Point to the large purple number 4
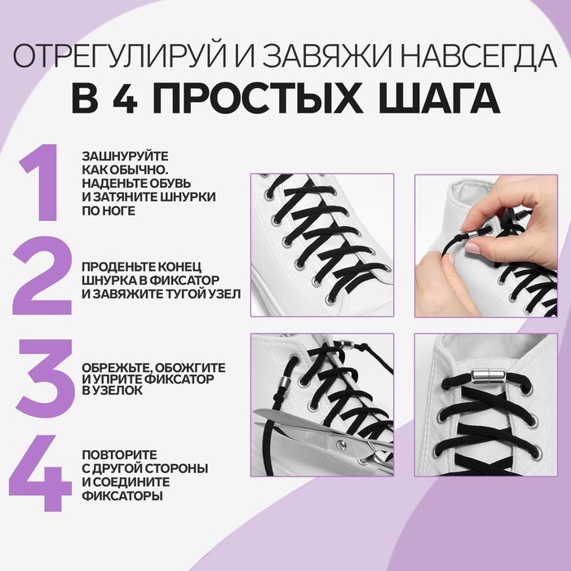(41, 473)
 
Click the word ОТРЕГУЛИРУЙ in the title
(106, 56)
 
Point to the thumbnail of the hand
(485, 245)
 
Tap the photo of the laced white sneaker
(321, 245)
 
